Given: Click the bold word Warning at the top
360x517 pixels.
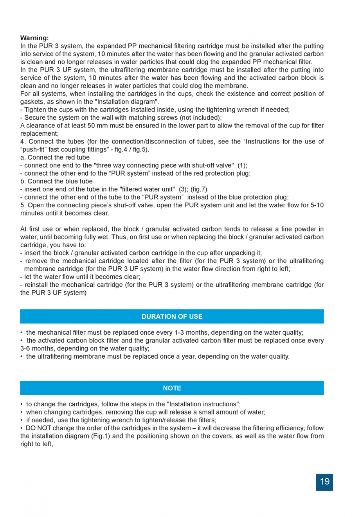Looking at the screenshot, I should [x=34, y=38].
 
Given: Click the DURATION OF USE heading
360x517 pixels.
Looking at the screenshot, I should [x=172, y=316].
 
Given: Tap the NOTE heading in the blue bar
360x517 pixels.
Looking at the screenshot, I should [x=172, y=388].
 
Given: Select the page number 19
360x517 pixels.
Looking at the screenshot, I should [x=325, y=481].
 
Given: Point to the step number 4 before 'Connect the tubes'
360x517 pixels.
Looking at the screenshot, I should [x=22, y=142].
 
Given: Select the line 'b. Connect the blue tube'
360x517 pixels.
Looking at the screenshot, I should [x=56, y=181].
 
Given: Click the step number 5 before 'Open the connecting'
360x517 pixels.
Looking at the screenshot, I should [x=22, y=205].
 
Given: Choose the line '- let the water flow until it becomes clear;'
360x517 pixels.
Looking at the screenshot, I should [x=80, y=276].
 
